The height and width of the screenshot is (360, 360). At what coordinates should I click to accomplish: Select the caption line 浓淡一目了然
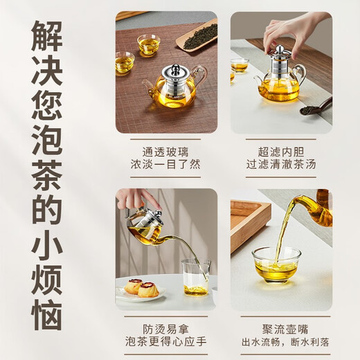click(x=166, y=165)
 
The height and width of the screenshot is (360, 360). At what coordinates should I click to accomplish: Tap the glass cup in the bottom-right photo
click(x=276, y=264)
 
